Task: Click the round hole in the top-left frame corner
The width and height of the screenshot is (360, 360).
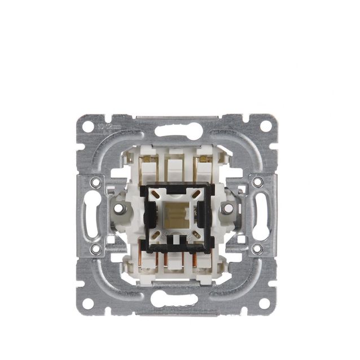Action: [88, 126]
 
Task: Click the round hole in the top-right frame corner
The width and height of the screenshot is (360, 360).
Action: [265, 126]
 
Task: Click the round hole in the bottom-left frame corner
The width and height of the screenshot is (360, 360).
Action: [88, 303]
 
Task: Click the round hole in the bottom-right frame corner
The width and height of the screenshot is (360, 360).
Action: [265, 303]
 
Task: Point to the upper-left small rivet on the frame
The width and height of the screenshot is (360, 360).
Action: [96, 182]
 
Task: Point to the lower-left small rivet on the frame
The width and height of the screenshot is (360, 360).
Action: [96, 248]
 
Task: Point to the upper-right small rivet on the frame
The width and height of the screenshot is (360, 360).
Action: [257, 182]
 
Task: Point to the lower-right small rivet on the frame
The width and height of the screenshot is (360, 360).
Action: [257, 248]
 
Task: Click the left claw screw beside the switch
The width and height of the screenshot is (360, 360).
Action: [119, 208]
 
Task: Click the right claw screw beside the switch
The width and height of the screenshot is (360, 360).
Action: [230, 208]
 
